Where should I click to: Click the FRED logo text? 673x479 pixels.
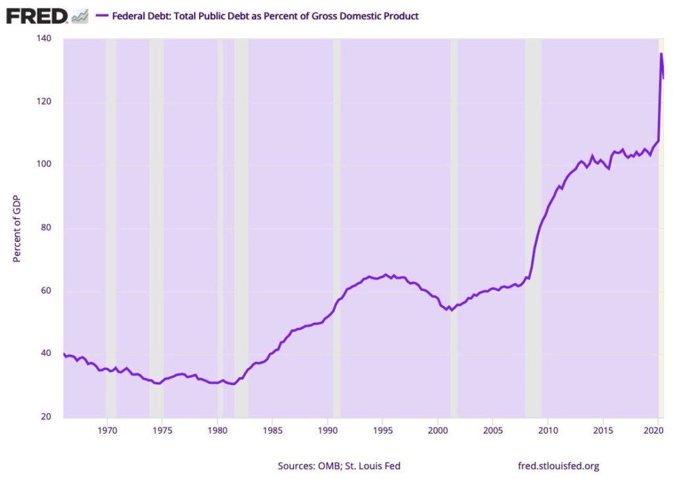(x=37, y=16)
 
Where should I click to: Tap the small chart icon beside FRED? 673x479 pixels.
(x=80, y=16)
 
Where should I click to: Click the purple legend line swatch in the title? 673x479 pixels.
(x=102, y=16)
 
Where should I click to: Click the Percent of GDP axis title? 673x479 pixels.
(x=18, y=228)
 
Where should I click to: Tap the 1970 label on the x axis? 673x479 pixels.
(x=107, y=431)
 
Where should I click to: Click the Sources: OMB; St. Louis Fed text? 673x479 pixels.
(x=339, y=466)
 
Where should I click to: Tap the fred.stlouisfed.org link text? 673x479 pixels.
(x=559, y=466)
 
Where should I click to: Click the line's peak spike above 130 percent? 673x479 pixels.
(x=661, y=54)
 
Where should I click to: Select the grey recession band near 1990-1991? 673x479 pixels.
(x=336, y=197)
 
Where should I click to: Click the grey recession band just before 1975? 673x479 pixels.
(x=156, y=197)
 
